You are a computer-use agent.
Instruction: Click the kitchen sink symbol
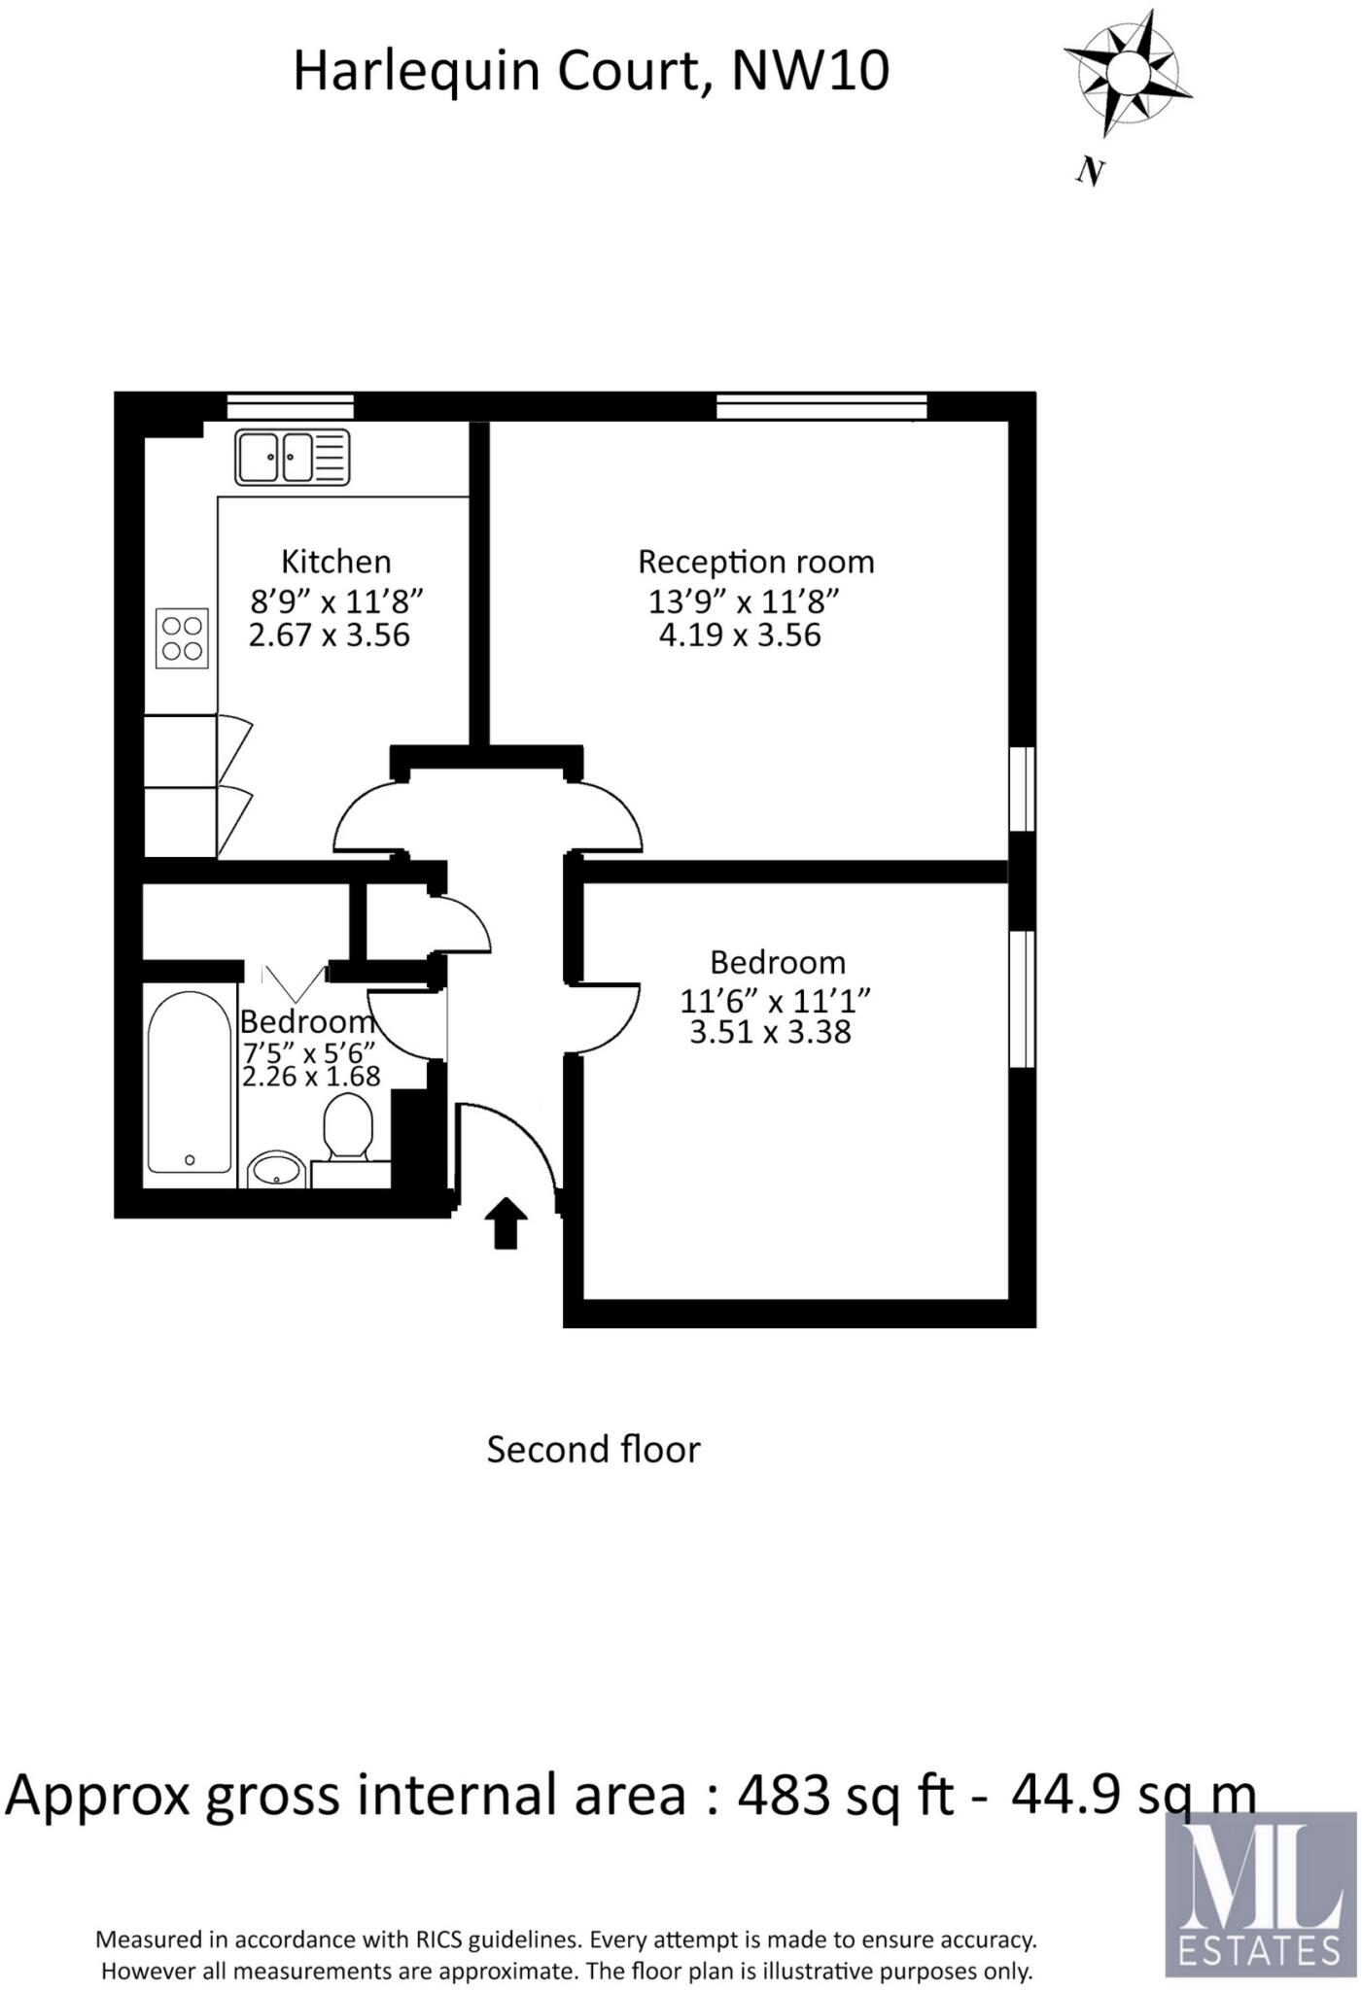292,457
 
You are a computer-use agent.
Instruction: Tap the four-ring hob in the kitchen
183,638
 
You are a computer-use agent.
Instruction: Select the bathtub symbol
190,1081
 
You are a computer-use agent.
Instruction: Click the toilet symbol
348,1127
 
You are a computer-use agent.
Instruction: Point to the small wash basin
277,1171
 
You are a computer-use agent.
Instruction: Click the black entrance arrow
506,1221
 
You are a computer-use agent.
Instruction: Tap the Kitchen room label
335,562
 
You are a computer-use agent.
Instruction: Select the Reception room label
755,562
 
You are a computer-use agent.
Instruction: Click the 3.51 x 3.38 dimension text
770,1032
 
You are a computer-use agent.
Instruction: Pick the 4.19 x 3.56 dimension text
740,635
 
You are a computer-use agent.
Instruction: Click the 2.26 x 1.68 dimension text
311,1076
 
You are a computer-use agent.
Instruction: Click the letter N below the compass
1091,172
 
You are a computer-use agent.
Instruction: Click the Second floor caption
593,1450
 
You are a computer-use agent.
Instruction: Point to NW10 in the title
809,72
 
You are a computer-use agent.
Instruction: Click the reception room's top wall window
821,406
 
